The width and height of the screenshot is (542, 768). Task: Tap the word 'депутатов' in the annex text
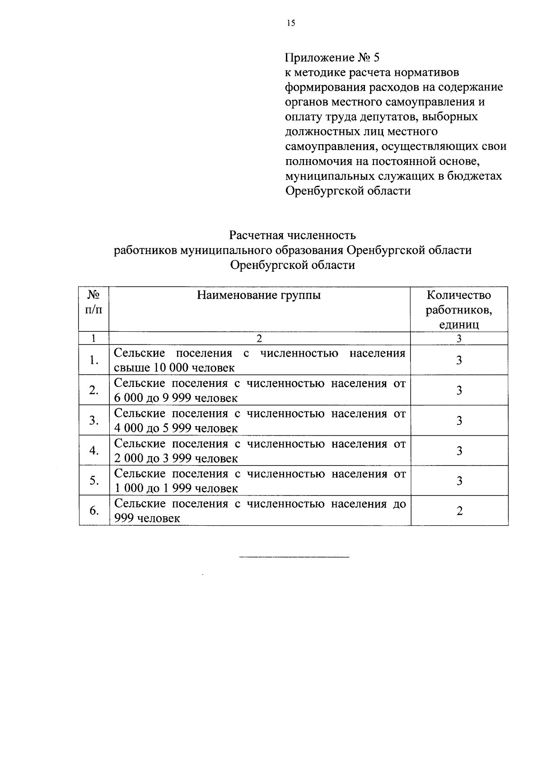[385, 117]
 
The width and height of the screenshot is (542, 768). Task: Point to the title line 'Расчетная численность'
[292, 236]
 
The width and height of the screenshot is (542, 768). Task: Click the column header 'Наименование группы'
[259, 296]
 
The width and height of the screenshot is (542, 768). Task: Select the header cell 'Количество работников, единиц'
[459, 310]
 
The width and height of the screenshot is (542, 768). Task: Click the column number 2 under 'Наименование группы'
[259, 339]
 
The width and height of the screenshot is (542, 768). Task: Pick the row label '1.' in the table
[94, 360]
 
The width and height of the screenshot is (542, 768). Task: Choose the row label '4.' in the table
[94, 451]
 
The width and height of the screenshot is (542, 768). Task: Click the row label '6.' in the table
[94, 511]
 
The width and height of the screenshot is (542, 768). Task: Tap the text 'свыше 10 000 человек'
[174, 368]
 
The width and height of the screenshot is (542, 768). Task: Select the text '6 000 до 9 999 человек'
[176, 398]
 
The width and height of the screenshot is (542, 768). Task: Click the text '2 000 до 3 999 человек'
[176, 458]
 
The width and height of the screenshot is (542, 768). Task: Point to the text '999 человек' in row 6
[147, 518]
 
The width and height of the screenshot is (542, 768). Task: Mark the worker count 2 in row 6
[459, 511]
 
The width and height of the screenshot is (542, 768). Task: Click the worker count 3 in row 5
[459, 481]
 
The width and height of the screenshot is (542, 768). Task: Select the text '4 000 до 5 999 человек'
[176, 428]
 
